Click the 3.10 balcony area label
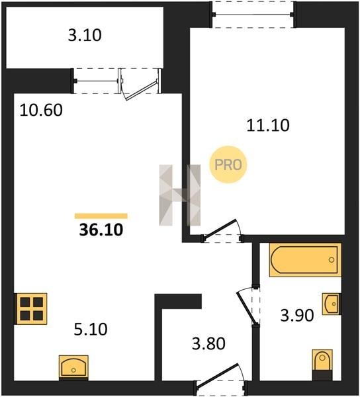tap(85, 35)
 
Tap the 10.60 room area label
tap(41, 110)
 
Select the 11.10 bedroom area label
tap(268, 125)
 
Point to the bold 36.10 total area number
tap(101, 230)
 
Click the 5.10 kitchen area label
tap(91, 329)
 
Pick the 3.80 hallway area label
tap(208, 343)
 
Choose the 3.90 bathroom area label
tap(297, 316)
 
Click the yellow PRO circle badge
tap(228, 165)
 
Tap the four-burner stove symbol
tap(31, 308)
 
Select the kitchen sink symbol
tap(73, 368)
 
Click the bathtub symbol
tap(305, 260)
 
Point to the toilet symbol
tap(322, 365)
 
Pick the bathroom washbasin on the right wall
tap(332, 304)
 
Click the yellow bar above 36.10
tap(101, 216)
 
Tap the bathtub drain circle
tap(332, 260)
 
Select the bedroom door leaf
tap(220, 228)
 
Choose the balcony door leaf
tap(141, 91)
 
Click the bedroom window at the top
tap(253, 15)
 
